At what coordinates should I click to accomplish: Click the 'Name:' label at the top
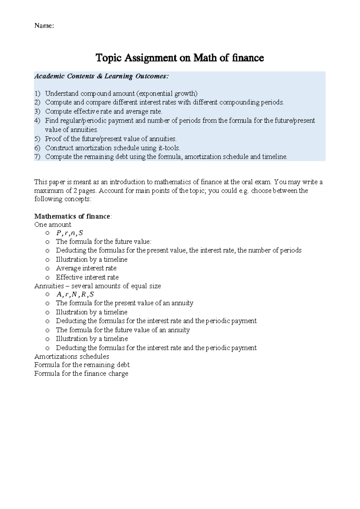coord(44,26)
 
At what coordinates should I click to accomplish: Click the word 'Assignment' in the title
coord(151,58)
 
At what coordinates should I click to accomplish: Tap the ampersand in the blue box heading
coord(100,76)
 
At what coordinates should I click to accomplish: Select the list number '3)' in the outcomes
coord(37,112)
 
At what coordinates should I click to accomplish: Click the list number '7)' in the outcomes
coord(37,157)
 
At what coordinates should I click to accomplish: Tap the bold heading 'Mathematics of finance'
coord(72,216)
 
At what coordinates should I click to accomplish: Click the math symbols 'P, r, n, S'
coord(69,233)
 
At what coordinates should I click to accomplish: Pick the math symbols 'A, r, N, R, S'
coord(75,294)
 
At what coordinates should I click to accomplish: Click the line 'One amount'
coord(53,225)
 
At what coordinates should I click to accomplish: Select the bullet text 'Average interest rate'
coord(86,268)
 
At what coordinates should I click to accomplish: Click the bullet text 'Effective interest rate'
coord(87,277)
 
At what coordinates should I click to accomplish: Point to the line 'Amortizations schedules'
coord(72,357)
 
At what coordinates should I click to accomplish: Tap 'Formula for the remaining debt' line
coord(82,365)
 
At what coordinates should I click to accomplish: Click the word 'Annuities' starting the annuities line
coord(49,286)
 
